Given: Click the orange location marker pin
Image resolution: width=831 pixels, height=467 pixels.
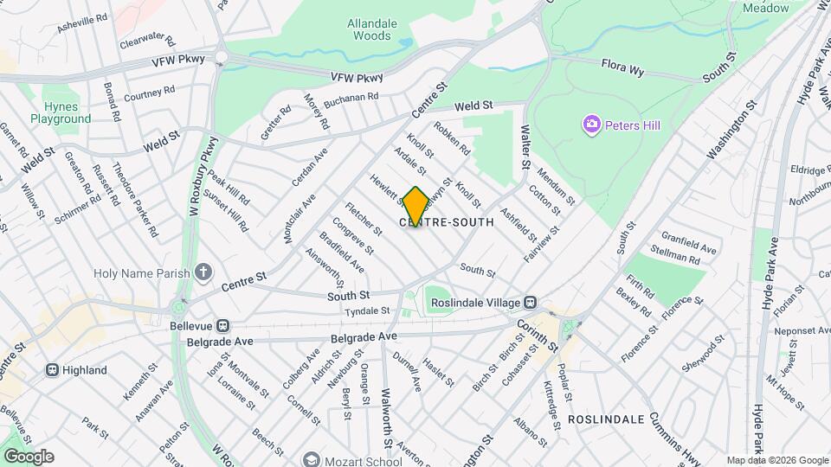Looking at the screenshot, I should coord(415,207).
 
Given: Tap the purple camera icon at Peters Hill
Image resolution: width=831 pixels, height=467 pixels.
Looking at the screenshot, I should coord(592,125).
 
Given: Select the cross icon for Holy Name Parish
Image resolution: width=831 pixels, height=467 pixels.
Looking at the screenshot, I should coord(203,273).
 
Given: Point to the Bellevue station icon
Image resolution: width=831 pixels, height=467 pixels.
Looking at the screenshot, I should coord(222,326).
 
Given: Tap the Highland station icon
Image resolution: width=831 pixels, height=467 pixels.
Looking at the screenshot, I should coord(52,370).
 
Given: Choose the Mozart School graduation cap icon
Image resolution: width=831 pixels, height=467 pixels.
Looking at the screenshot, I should coord(310,459).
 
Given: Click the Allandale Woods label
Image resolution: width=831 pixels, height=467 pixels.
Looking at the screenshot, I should coord(370,30).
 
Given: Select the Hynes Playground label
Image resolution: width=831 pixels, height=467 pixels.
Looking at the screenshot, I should coord(61,112).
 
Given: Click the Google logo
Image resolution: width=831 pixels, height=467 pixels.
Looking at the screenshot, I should coord(28,457).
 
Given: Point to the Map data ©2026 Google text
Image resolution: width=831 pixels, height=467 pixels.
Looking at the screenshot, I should coord(776,460).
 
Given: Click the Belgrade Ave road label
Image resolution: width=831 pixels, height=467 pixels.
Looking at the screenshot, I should coord(364,337).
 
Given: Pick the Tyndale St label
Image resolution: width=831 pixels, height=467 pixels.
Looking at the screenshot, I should coord(367,311).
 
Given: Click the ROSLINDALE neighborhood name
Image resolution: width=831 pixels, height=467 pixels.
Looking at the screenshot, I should coord(606,419).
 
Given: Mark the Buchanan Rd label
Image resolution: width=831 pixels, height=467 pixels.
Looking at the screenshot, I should coord(351,101).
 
